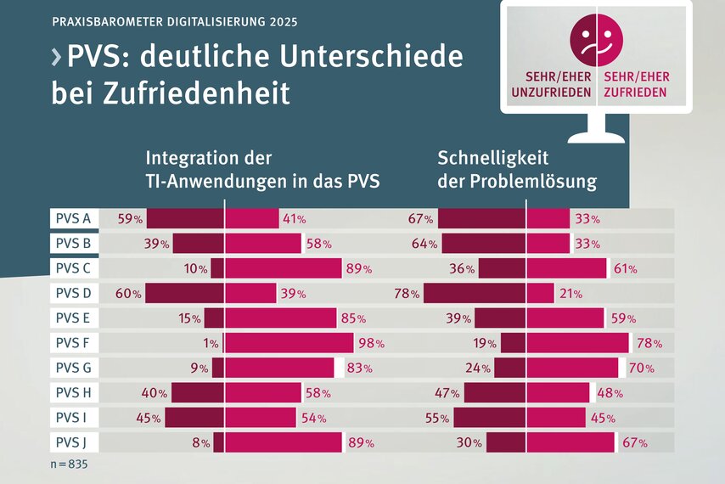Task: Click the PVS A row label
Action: (73, 218)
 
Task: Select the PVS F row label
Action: (73, 344)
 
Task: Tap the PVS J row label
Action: (73, 442)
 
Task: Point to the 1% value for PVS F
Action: (210, 344)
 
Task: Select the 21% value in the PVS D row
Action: (570, 294)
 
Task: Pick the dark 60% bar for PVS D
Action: (184, 294)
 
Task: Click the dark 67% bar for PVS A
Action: (481, 218)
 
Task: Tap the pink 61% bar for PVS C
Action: (566, 268)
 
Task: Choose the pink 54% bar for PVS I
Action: (260, 418)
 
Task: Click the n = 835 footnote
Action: (69, 465)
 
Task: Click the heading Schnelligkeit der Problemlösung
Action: (516, 170)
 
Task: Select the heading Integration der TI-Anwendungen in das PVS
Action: (262, 170)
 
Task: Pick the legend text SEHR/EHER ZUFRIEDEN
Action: (635, 84)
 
